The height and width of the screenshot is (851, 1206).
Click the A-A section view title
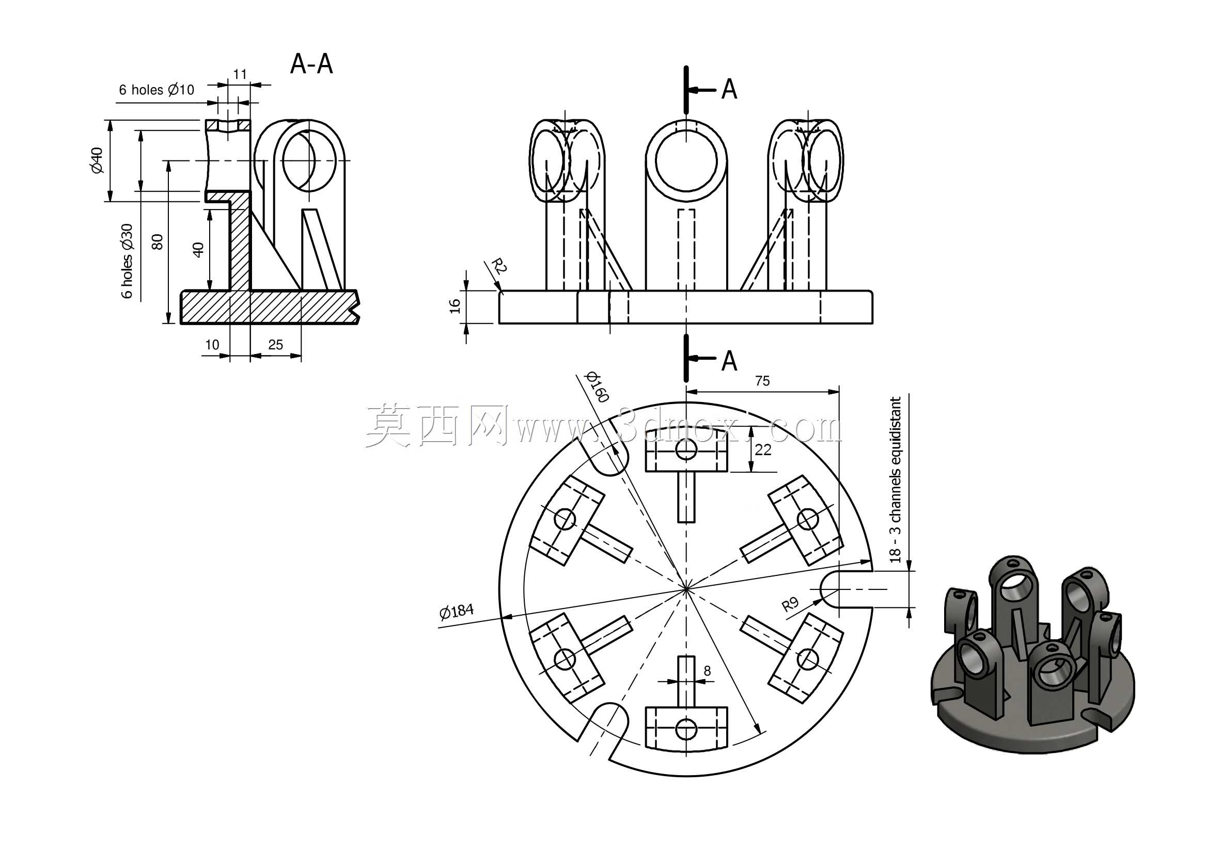tap(311, 64)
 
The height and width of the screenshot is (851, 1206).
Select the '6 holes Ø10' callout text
tap(156, 90)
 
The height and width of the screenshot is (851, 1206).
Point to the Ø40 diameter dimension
tap(97, 160)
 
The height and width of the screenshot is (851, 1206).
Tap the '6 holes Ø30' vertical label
tap(127, 261)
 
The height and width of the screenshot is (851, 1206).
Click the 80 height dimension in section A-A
tap(157, 242)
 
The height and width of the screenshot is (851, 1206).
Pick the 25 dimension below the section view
tap(275, 344)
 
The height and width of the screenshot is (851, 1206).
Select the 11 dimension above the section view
tap(240, 74)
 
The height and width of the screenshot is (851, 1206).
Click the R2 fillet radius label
tap(498, 265)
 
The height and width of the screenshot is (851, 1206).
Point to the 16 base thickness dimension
tap(455, 306)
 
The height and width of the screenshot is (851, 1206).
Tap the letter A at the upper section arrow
tap(729, 89)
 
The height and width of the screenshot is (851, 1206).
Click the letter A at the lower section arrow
tap(729, 361)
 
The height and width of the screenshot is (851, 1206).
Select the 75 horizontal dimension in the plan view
tap(762, 381)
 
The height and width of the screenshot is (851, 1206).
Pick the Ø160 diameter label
tap(597, 387)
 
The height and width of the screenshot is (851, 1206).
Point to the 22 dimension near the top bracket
tap(763, 449)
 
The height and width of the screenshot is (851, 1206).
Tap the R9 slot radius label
tap(790, 604)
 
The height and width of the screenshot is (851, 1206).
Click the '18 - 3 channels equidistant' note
tap(895, 480)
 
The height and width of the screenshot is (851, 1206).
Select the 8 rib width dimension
tap(707, 670)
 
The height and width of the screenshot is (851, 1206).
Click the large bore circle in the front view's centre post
tap(686, 161)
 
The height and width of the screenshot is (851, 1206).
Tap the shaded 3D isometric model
tap(1032, 655)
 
